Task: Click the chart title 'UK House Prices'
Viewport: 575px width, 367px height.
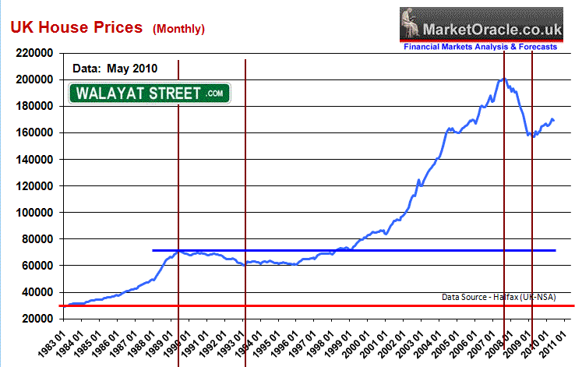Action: pyautogui.click(x=76, y=27)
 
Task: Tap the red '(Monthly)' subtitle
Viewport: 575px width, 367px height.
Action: pyautogui.click(x=178, y=29)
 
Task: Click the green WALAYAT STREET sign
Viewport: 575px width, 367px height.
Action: pyautogui.click(x=150, y=94)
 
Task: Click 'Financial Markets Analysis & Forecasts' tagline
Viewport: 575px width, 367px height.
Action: pyautogui.click(x=480, y=48)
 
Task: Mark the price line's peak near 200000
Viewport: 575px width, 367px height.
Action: pyautogui.click(x=503, y=79)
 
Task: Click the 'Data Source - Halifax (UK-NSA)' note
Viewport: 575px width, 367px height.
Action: pyautogui.click(x=499, y=297)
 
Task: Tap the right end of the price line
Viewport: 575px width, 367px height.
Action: pyautogui.click(x=554, y=120)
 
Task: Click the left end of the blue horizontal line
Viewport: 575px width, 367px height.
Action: pyautogui.click(x=153, y=250)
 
